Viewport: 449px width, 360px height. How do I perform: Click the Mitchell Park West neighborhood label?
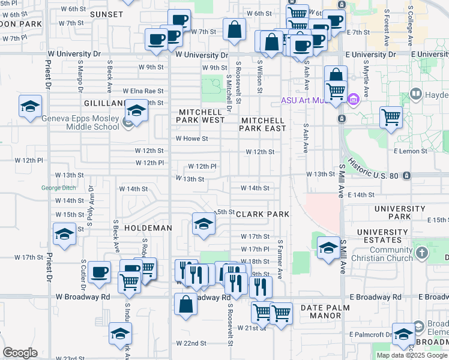coord(200,116)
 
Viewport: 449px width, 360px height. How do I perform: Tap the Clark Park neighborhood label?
coord(262,214)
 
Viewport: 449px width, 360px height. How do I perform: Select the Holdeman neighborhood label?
coord(148,228)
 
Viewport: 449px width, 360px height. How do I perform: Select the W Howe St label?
coord(191,139)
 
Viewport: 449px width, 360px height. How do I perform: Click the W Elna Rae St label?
coord(143,91)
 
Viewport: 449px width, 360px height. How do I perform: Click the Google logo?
coord(20,353)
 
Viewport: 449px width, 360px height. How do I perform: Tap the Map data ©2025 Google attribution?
coord(412,355)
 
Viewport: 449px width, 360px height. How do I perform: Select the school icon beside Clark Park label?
coord(203,224)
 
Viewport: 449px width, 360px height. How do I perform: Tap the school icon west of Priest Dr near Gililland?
coord(30,106)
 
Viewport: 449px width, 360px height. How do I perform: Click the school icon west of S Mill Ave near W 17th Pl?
coord(328,247)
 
